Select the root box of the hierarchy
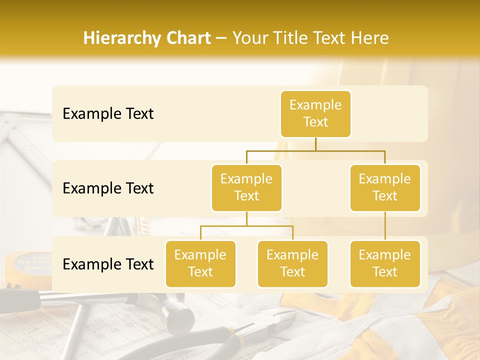point(315,113)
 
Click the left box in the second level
point(246,187)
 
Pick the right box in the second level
point(385,187)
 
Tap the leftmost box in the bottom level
point(200,263)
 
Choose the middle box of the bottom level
point(292,263)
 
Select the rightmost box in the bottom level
point(385,263)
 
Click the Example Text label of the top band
point(108,114)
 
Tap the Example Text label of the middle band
point(108,188)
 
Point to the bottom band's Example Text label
point(108,264)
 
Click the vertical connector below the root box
point(315,144)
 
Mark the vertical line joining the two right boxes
point(385,226)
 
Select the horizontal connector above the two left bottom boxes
point(246,226)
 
